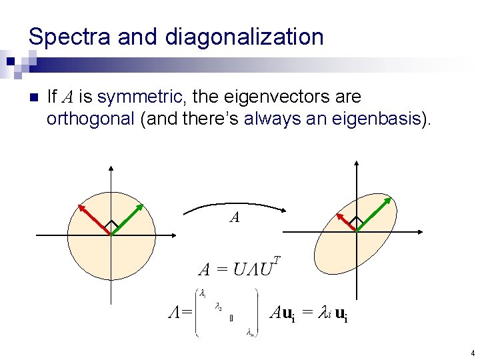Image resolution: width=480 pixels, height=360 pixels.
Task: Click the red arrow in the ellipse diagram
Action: (x=347, y=223)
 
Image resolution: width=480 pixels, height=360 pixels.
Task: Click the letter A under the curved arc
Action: (x=234, y=217)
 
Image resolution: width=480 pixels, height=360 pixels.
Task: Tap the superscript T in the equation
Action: (x=277, y=259)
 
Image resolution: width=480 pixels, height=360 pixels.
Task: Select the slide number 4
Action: (x=471, y=353)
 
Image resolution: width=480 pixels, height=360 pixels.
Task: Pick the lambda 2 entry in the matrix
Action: (x=218, y=307)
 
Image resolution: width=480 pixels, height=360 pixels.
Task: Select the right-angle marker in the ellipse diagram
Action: (x=357, y=221)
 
